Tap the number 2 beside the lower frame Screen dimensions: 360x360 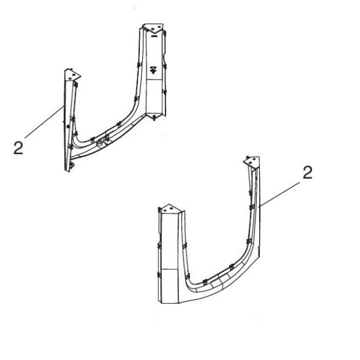[307, 173]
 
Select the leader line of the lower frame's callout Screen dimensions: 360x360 [280, 192]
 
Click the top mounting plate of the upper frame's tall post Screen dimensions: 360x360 [152, 28]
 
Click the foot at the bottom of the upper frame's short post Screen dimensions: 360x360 [70, 165]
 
